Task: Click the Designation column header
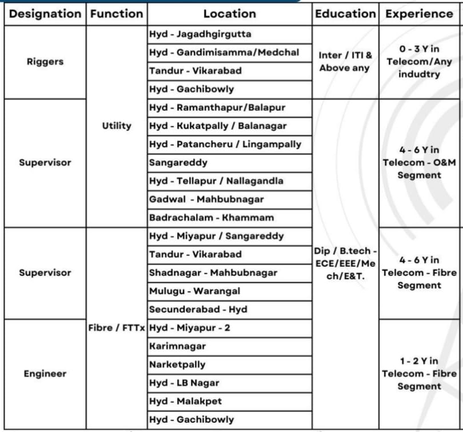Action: [x=45, y=14]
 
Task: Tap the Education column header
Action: [x=345, y=14]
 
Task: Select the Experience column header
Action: [x=419, y=14]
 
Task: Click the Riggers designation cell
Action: [x=45, y=62]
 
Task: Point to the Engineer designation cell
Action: [x=45, y=374]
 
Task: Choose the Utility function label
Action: [x=117, y=126]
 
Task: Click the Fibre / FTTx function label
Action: [x=117, y=328]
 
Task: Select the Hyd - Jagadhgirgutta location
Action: [x=200, y=34]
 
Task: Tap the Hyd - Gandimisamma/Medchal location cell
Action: [x=223, y=53]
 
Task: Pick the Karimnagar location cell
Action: [x=177, y=346]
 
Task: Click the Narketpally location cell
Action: [x=177, y=365]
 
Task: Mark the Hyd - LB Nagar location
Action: [x=184, y=383]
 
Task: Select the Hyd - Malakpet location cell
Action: [x=185, y=401]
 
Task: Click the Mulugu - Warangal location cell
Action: [x=195, y=291]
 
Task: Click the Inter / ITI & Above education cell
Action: [x=345, y=62]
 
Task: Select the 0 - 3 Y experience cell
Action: [x=419, y=62]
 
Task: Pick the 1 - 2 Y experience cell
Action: [x=419, y=374]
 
